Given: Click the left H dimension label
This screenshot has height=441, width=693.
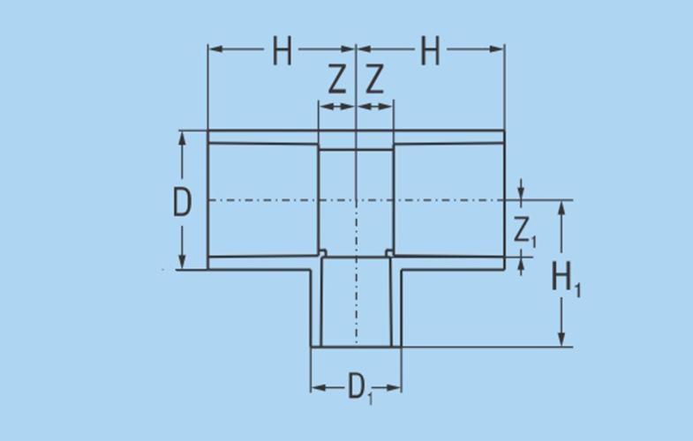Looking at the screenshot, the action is point(282,51).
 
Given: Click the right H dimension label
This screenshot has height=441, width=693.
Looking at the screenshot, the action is point(430,51).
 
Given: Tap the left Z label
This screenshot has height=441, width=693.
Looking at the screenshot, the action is point(336,79).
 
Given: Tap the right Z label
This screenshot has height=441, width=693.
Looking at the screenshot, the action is point(374,79).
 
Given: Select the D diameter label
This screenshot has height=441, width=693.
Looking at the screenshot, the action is point(182,202).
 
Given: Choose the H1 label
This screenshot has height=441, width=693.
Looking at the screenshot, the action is point(566,278).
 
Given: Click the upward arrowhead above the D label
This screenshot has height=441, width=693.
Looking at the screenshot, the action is point(182,138).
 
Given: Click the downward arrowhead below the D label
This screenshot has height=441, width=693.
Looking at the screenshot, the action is point(182,261).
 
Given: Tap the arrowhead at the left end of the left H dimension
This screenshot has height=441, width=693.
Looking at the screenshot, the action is point(215,49).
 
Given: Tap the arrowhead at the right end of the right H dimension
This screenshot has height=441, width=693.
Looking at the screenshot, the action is point(497,49).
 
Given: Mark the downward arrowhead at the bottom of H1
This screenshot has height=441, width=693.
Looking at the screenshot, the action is point(561,340).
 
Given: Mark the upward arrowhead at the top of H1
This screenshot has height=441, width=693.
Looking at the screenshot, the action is point(561,208).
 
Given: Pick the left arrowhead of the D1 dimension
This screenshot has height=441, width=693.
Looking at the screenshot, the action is point(318,388).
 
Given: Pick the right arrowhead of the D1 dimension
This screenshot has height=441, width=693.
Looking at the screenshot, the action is point(394,388).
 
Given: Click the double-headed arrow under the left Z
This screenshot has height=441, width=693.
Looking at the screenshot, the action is point(336,107).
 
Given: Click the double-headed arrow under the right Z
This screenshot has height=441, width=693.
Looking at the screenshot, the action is point(374,107).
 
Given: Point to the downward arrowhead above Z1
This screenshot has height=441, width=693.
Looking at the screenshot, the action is point(521,193).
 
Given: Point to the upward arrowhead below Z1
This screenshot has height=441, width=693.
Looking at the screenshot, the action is point(521,264).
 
